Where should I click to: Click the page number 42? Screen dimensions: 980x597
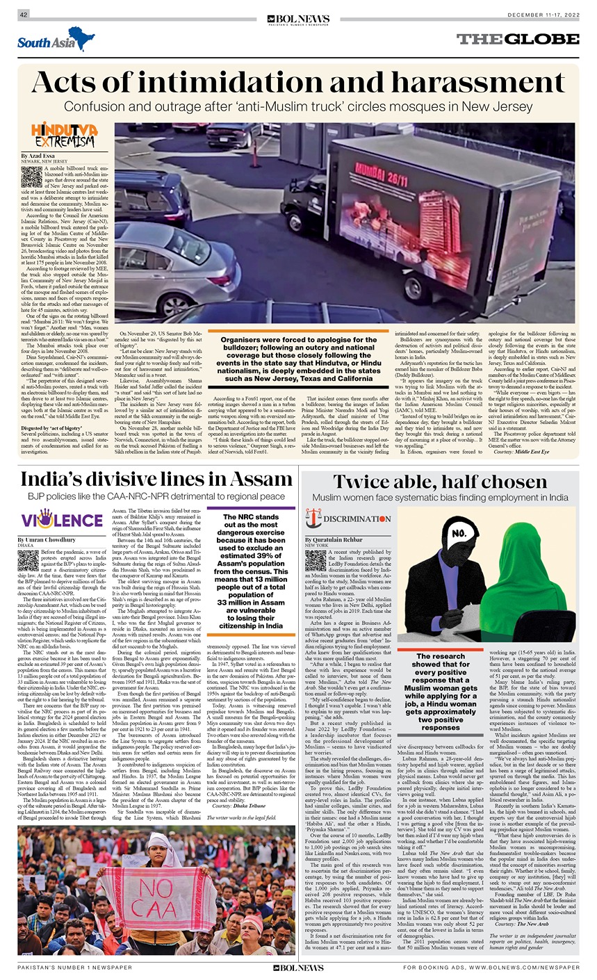pos(23,15)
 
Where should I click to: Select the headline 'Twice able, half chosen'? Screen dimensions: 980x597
pos(440,482)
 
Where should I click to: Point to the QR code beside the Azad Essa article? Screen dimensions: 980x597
pos(31,177)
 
